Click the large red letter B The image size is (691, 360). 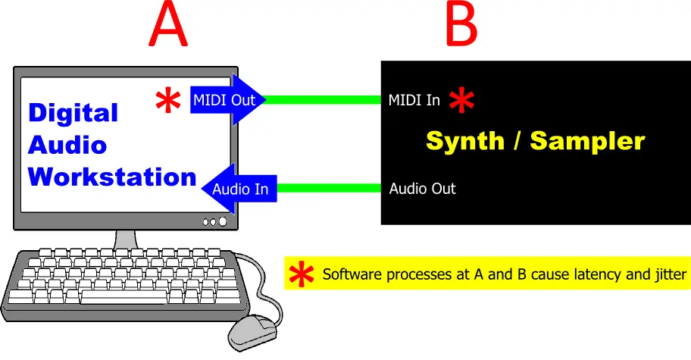(x=461, y=23)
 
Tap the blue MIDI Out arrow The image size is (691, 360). (x=228, y=100)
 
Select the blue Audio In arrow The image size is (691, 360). (x=239, y=189)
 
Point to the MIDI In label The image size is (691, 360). (x=414, y=101)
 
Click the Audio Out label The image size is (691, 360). (x=422, y=189)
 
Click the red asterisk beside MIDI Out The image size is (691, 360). (x=168, y=101)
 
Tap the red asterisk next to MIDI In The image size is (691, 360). (x=461, y=100)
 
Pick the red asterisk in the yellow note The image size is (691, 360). (x=302, y=274)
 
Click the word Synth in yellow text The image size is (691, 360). (x=465, y=141)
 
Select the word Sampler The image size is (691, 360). (x=587, y=141)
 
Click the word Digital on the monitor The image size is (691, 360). (x=73, y=114)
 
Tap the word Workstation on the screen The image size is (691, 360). (x=112, y=177)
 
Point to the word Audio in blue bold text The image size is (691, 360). (x=67, y=145)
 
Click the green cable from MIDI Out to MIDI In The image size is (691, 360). (x=323, y=100)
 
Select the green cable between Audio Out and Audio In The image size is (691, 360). (x=329, y=189)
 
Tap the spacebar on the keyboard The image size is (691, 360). (x=124, y=296)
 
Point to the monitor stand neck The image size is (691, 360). (x=126, y=239)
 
